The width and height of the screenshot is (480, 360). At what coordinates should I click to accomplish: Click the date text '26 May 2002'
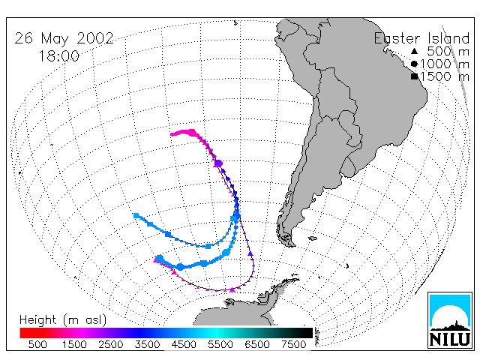pyautogui.click(x=64, y=38)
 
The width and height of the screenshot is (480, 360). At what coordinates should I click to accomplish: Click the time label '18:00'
pyautogui.click(x=58, y=56)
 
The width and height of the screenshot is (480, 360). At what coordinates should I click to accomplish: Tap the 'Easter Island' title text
pyautogui.click(x=421, y=38)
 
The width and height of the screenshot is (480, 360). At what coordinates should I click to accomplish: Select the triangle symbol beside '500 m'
pyautogui.click(x=414, y=51)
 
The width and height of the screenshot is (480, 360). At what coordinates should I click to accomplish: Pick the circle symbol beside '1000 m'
pyautogui.click(x=414, y=64)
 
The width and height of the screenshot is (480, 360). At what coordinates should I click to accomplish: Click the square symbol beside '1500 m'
pyautogui.click(x=415, y=76)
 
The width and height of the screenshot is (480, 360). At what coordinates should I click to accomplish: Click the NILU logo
pyautogui.click(x=450, y=320)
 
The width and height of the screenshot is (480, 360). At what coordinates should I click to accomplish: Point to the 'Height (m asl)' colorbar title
pyautogui.click(x=63, y=320)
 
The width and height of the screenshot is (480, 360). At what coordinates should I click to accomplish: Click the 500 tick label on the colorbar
pyautogui.click(x=37, y=344)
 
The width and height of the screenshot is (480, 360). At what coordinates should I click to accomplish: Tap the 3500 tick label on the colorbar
pyautogui.click(x=147, y=344)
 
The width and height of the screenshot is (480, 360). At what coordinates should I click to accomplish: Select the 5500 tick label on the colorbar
pyautogui.click(x=220, y=344)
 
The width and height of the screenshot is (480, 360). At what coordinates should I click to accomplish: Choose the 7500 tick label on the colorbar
pyautogui.click(x=293, y=344)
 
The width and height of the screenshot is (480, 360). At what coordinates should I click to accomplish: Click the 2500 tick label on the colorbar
pyautogui.click(x=110, y=344)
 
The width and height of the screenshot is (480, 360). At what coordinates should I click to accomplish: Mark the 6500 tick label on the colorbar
pyautogui.click(x=256, y=344)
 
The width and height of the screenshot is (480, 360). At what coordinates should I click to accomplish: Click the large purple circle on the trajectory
pyautogui.click(x=218, y=163)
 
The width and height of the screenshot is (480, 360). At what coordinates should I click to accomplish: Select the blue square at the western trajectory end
pyautogui.click(x=136, y=216)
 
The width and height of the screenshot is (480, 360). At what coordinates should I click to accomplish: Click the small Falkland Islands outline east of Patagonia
pyautogui.click(x=313, y=238)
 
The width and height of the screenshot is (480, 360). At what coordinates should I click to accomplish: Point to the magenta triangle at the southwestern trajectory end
pyautogui.click(x=156, y=260)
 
